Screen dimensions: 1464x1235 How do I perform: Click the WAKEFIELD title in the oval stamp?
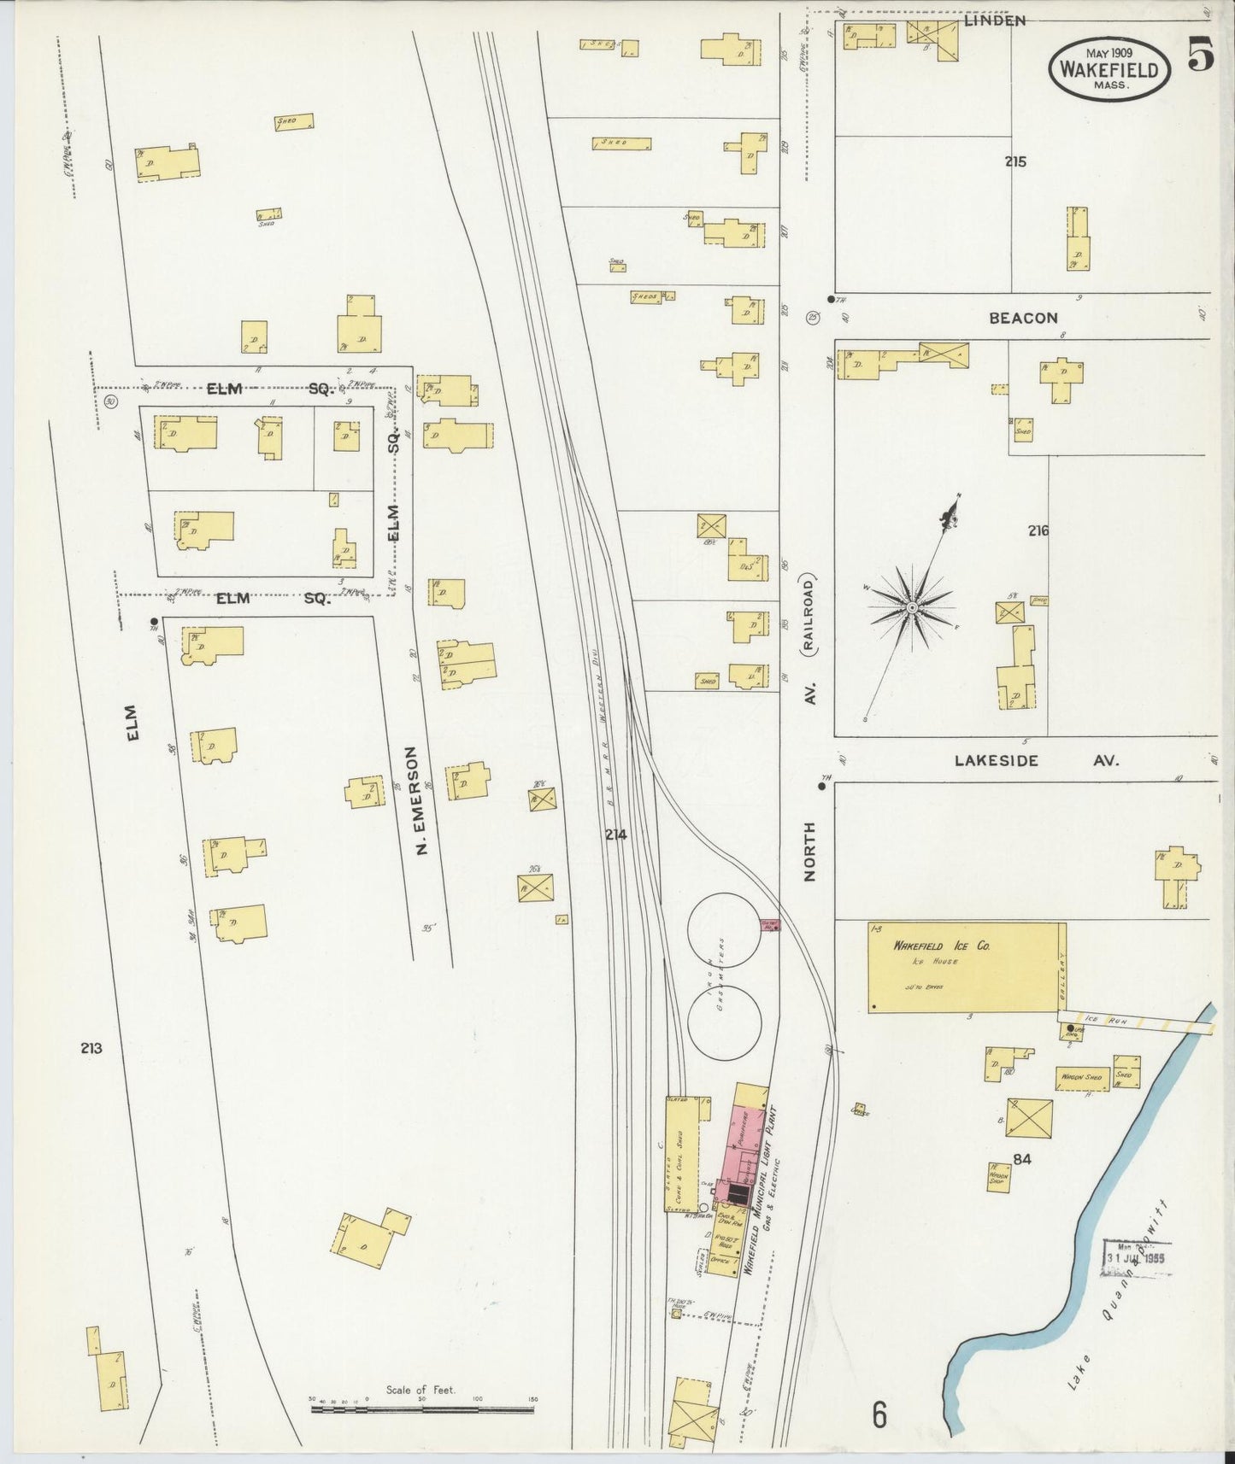[x=1109, y=69]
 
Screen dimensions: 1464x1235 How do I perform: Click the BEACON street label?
[x=1022, y=318]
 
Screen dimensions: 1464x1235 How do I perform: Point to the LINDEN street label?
[x=994, y=20]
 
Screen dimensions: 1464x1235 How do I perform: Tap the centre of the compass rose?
[x=912, y=606]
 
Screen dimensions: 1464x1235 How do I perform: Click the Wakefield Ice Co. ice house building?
[x=966, y=968]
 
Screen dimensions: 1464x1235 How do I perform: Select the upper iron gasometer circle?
[x=724, y=929]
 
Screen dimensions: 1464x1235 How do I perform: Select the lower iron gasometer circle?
[x=724, y=1022]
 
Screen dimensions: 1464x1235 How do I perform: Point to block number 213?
[x=91, y=1048]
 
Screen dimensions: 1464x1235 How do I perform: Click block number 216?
[x=1038, y=530]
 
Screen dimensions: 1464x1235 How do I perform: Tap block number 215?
[x=1015, y=161]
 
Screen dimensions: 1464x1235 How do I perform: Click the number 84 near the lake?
[x=1022, y=1159]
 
